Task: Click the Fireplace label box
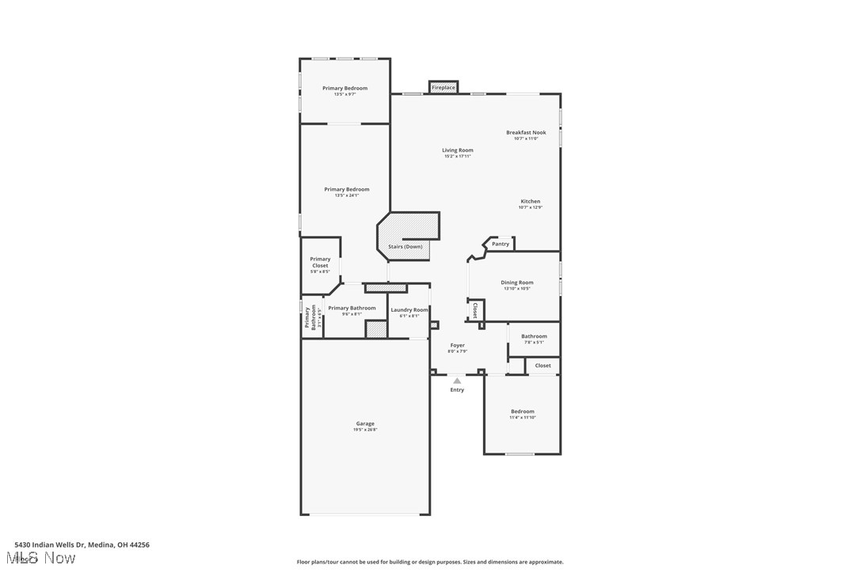pos(443,87)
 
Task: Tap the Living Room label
pos(458,150)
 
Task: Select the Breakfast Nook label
pos(526,133)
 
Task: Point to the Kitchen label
pos(531,202)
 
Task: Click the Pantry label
pos(500,244)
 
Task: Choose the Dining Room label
pos(517,283)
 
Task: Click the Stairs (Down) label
pos(405,246)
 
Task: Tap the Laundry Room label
pos(409,310)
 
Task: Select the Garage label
pos(365,423)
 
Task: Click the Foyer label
pos(458,345)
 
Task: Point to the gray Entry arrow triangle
pos(457,381)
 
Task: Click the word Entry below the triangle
pos(457,389)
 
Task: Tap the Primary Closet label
pos(320,262)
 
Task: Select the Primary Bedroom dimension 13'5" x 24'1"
pos(346,195)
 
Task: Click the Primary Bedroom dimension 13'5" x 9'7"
pos(344,94)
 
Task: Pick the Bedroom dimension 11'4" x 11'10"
pos(523,417)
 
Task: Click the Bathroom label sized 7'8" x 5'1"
pos(534,336)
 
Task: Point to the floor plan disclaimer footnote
pos(430,562)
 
